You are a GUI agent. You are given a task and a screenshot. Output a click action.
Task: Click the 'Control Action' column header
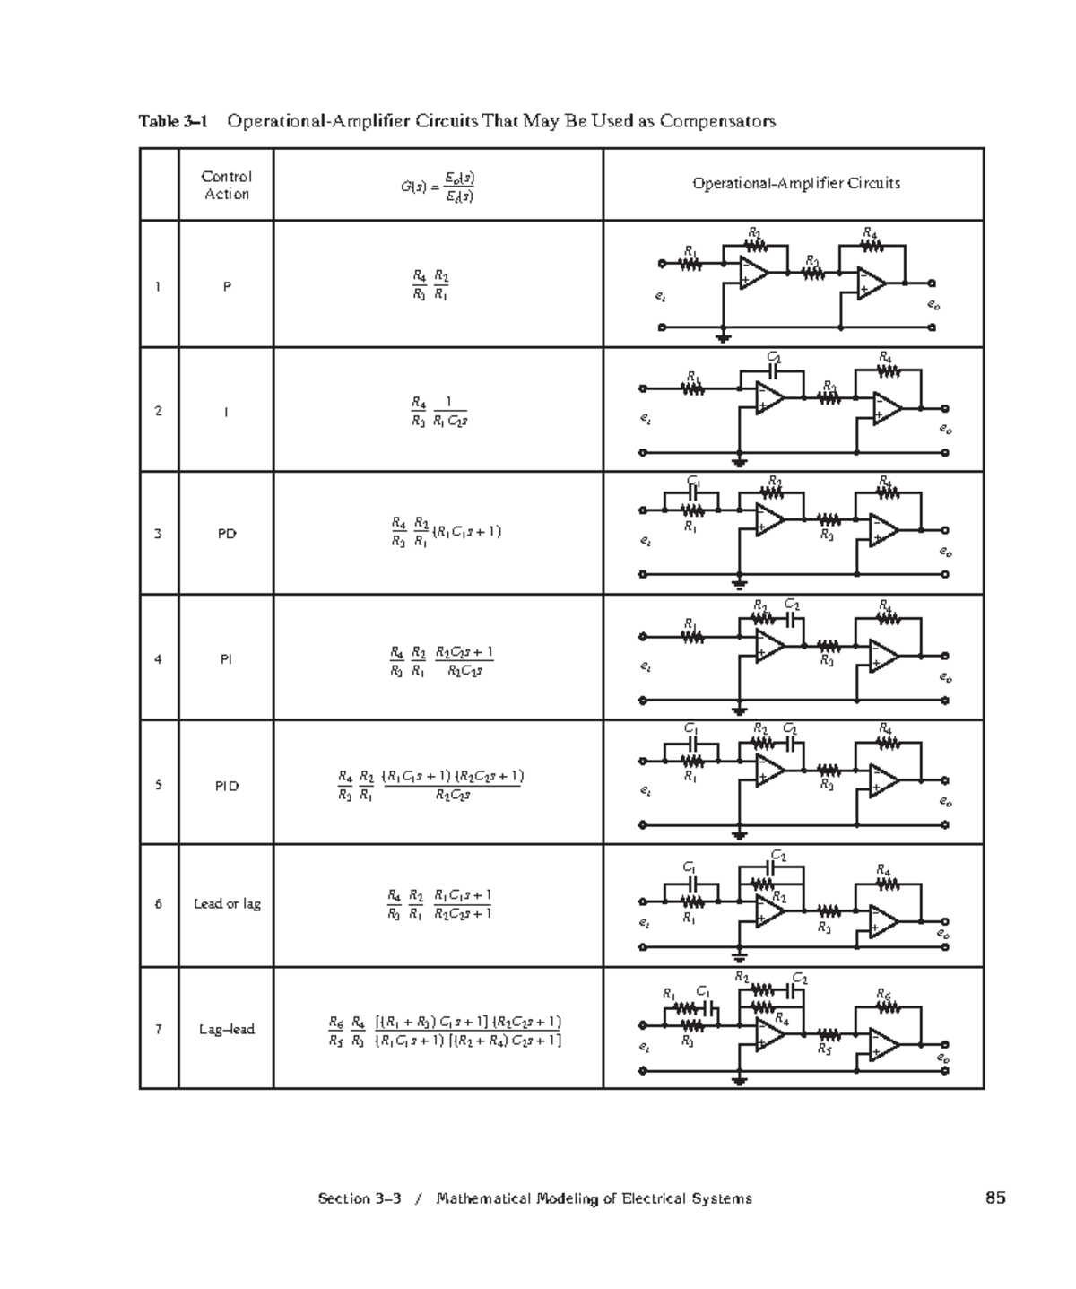click(x=226, y=185)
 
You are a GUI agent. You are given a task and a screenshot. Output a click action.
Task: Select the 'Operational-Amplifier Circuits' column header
click(x=795, y=183)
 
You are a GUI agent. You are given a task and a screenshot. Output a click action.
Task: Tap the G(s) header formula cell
click(x=438, y=186)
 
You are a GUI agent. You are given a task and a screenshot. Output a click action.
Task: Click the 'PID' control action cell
click(x=226, y=786)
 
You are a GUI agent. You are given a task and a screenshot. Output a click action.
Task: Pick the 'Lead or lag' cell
click(x=227, y=903)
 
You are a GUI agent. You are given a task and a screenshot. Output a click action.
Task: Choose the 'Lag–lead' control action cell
click(x=227, y=1029)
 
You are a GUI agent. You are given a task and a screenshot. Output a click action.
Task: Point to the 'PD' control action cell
click(x=227, y=534)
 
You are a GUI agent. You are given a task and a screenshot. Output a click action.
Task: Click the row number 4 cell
click(x=159, y=659)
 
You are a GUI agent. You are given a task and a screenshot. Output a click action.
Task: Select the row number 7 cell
click(x=159, y=1029)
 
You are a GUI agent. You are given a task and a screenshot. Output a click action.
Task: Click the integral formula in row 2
click(x=438, y=411)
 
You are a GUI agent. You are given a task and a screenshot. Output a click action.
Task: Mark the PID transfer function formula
click(x=430, y=785)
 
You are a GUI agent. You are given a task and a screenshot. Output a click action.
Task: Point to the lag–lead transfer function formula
click(x=445, y=1031)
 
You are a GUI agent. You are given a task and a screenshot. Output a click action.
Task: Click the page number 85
click(x=994, y=1198)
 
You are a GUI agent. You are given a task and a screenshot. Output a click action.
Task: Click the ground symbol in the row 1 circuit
click(x=723, y=338)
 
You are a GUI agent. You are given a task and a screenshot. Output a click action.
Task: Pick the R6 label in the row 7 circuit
click(x=885, y=993)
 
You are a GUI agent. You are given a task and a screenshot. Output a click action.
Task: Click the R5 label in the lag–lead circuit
click(x=825, y=1052)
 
